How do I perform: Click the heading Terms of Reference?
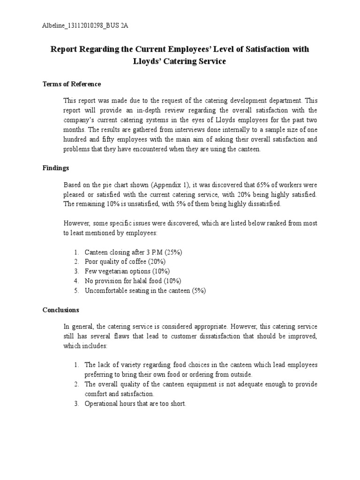(x=72, y=84)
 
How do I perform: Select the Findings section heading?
(x=56, y=168)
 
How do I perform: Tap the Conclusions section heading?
(x=61, y=310)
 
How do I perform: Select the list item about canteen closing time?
(x=133, y=252)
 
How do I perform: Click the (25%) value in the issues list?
(x=172, y=252)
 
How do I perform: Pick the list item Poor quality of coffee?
(x=125, y=262)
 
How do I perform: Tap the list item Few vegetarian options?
(x=127, y=271)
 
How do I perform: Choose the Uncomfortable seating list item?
(x=145, y=291)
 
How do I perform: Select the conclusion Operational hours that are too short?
(x=135, y=404)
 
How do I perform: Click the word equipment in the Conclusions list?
(x=202, y=384)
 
